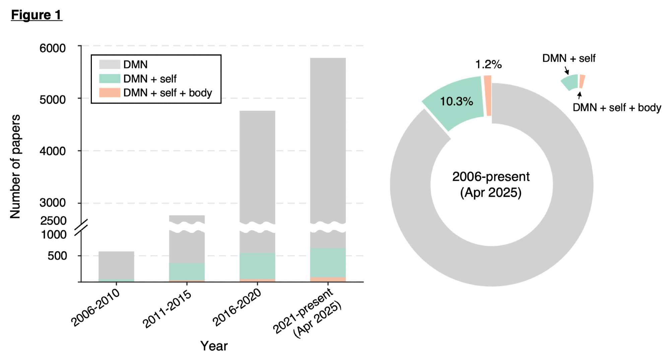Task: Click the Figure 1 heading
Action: coord(36,15)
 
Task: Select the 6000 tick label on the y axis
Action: coord(53,48)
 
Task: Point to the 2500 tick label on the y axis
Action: coord(53,221)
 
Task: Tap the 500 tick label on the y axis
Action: coord(57,256)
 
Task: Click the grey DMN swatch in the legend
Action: coord(110,64)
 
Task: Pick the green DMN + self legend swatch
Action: coord(110,79)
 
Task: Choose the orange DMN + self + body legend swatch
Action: coord(110,93)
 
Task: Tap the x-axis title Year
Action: coord(214,346)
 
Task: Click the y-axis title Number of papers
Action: coord(15,167)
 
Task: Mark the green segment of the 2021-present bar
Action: coord(328,262)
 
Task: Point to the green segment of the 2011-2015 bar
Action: coord(187,272)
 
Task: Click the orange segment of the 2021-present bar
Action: coord(328,280)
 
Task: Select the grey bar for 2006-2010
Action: coord(116,265)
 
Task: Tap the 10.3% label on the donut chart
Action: coord(456,101)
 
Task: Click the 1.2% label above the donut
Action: coord(488,64)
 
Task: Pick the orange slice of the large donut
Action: coord(488,96)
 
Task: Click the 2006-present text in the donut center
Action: coord(491,177)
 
